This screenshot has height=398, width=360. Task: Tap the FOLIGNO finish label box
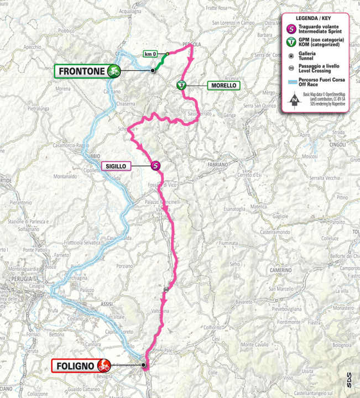[73, 365]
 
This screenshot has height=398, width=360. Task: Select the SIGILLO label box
[115, 165]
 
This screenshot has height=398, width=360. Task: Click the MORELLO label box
[223, 86]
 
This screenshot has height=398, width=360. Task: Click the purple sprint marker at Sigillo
[156, 165]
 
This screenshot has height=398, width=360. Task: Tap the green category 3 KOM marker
[181, 85]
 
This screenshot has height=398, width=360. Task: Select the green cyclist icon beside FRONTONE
[114, 71]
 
